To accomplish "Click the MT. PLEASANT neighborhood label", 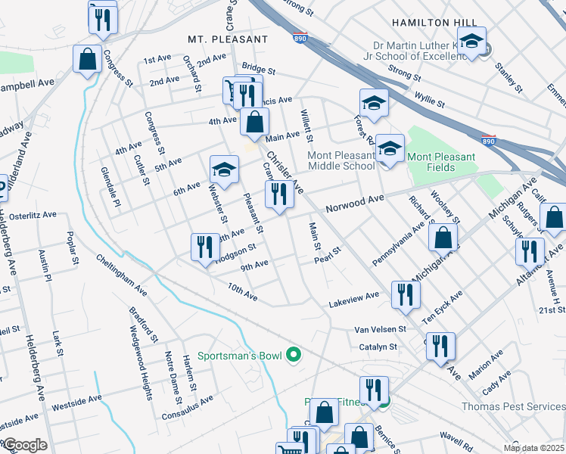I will tap(228, 39).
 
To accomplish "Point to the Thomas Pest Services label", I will tap(512, 406).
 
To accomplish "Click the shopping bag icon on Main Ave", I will tap(256, 120).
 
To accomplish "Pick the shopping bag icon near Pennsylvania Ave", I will tap(443, 236).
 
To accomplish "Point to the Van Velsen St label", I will tap(381, 329).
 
